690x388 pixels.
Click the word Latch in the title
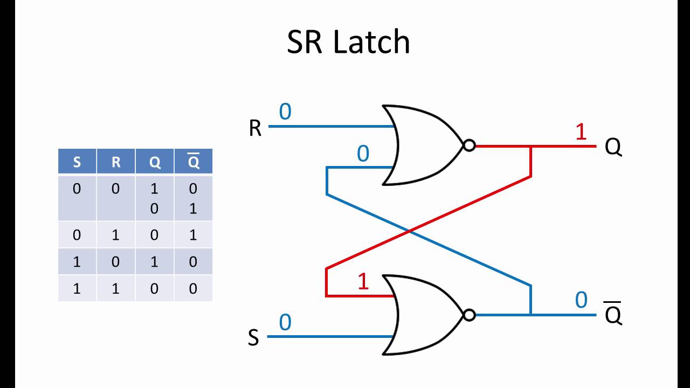tap(371, 41)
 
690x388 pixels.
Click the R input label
tap(255, 129)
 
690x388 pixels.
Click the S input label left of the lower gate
tap(253, 338)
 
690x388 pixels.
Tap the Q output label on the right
tap(613, 147)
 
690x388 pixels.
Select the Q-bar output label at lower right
tap(613, 315)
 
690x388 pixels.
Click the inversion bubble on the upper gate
tap(469, 145)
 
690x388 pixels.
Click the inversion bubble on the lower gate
tap(469, 315)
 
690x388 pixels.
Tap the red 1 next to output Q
tap(581, 132)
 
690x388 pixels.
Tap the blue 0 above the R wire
tap(285, 112)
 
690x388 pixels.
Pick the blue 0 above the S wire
tap(285, 323)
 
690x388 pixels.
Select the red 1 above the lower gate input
tap(363, 282)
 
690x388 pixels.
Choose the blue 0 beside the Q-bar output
tap(581, 300)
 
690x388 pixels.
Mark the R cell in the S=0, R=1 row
tap(116, 235)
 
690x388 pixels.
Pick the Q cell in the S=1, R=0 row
tap(155, 262)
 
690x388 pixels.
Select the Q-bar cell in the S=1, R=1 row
tap(193, 288)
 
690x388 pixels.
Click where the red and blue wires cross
tap(410, 231)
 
